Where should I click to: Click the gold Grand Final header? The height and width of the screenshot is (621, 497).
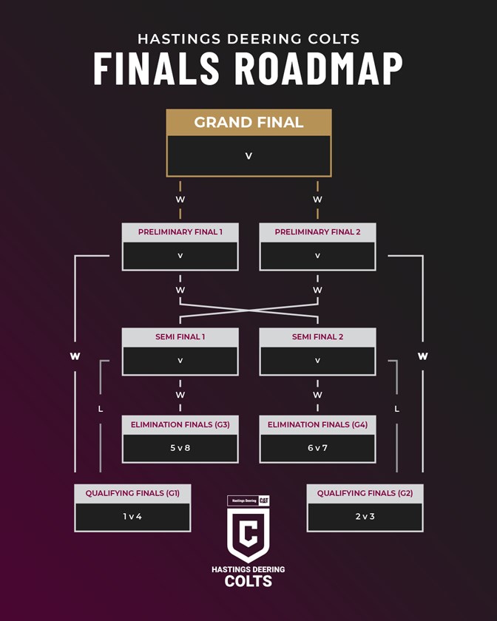[248, 123]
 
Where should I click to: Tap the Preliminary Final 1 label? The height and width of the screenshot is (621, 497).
[180, 232]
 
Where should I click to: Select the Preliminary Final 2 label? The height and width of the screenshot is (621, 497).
[317, 232]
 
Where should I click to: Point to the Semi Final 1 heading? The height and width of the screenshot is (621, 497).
[180, 337]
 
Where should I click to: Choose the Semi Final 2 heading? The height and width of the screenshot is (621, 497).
[317, 337]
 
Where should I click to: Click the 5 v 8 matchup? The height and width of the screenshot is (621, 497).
[180, 448]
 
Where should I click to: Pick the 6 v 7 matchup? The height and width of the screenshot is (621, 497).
[317, 448]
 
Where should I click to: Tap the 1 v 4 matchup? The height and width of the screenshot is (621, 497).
[132, 516]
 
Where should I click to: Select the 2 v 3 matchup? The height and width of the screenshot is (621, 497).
[365, 516]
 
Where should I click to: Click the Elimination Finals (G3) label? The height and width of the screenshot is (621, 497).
[180, 424]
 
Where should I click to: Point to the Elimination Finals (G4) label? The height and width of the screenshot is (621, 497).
[317, 424]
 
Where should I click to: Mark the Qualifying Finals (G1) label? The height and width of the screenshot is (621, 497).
[132, 492]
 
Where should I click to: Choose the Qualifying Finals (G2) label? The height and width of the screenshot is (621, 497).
[365, 492]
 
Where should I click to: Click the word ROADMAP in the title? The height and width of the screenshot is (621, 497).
[318, 68]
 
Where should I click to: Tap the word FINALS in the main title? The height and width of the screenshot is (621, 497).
[156, 68]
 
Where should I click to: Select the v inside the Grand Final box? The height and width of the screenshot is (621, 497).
[248, 156]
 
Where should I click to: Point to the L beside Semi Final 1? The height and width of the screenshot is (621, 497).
[101, 408]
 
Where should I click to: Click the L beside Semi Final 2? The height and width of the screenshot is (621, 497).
[397, 408]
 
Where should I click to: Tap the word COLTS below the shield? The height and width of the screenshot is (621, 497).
[248, 581]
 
